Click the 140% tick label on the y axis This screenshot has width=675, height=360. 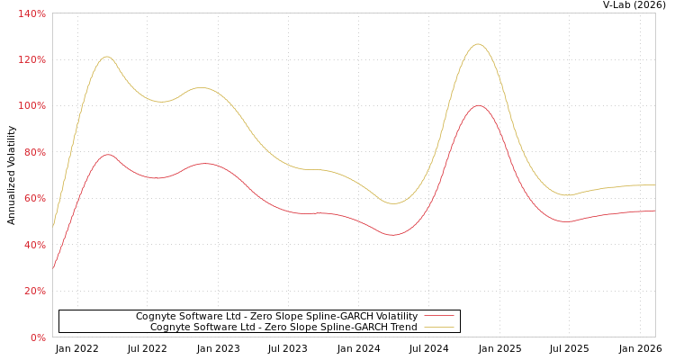[32, 13]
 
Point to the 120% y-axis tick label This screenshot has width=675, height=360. [32, 59]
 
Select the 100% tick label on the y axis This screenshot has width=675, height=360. [32, 106]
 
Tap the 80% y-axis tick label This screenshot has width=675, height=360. [35, 152]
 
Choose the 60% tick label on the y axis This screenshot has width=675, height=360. [35, 199]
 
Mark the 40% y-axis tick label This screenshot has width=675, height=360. [35, 245]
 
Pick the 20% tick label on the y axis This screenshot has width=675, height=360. [35, 292]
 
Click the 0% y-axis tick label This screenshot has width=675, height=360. [38, 337]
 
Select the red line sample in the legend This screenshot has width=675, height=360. [438, 316]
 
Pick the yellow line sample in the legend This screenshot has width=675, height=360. [438, 327]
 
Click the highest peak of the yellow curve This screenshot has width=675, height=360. [477, 44]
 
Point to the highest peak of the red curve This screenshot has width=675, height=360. [477, 105]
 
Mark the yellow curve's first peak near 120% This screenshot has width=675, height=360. [106, 57]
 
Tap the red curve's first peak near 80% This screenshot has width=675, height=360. [108, 155]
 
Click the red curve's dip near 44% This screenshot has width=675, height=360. [392, 235]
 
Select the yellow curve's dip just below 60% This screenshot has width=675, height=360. [393, 203]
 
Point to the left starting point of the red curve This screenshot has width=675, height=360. [53, 268]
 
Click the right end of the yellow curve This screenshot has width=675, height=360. [654, 184]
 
